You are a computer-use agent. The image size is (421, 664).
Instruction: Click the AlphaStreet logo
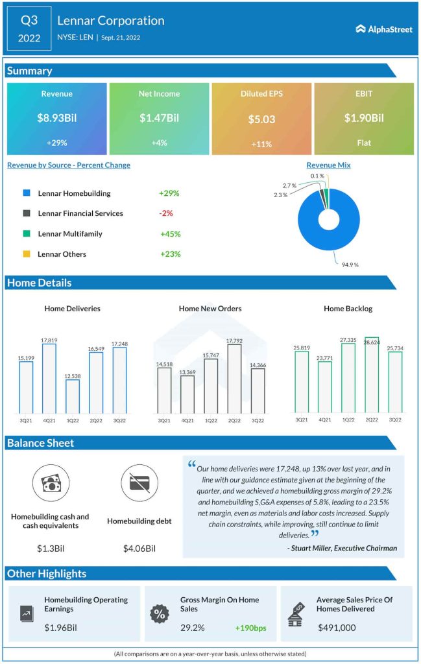384,29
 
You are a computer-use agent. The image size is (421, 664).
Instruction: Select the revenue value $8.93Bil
56,118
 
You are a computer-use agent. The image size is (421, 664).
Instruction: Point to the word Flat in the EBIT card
364,143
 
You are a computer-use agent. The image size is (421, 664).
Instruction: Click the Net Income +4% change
159,143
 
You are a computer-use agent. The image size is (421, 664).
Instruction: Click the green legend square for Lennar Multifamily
26,233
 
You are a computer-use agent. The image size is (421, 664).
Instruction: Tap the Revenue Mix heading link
328,165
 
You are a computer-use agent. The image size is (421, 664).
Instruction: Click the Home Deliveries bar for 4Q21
49,379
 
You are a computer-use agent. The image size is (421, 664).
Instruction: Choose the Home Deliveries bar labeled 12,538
73,396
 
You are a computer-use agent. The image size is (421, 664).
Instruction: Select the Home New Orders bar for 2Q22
235,379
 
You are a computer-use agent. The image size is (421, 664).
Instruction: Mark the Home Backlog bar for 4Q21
325,387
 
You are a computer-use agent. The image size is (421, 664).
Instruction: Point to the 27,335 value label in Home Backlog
348,338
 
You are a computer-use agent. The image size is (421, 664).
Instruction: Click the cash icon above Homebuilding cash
50,483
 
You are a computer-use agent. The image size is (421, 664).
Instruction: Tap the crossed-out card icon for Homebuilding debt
139,483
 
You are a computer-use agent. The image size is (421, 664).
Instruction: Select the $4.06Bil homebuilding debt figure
139,549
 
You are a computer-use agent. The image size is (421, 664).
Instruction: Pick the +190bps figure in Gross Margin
249,628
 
